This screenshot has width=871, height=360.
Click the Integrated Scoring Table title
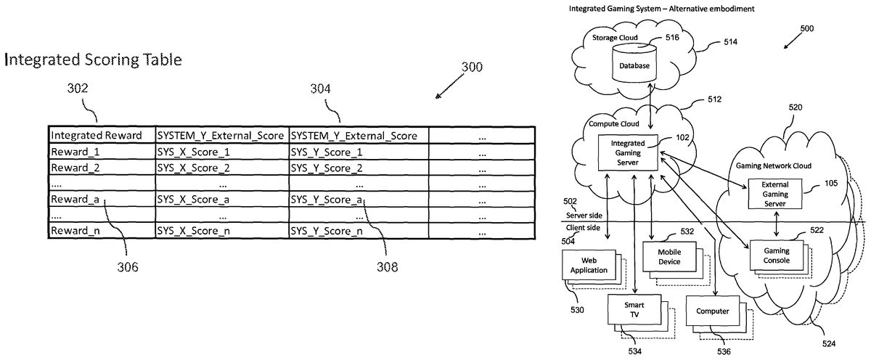(92, 60)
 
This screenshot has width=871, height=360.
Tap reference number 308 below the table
(387, 266)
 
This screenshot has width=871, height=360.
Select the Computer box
(712, 311)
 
